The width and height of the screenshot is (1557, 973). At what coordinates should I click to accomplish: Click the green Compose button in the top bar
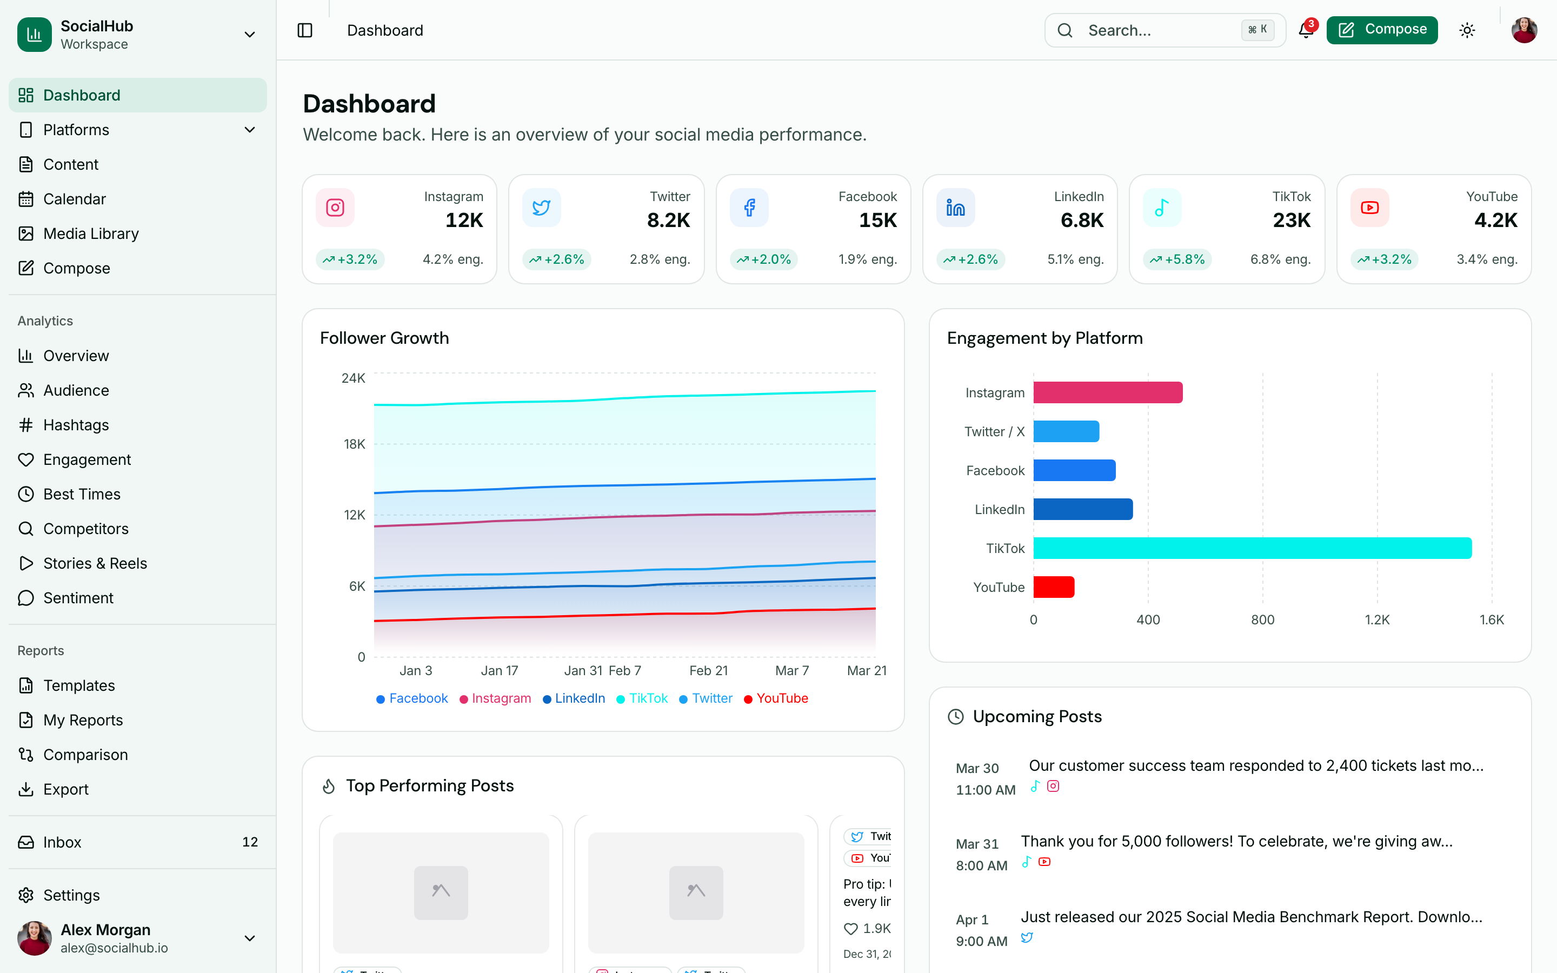pos(1381,30)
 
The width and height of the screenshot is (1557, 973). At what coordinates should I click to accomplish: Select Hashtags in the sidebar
pos(76,425)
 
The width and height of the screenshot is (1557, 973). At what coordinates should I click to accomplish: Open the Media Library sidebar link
pos(91,234)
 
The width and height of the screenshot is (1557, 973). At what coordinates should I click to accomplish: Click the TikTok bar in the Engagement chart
pos(1252,548)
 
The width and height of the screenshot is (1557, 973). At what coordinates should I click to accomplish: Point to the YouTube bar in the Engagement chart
pos(1053,587)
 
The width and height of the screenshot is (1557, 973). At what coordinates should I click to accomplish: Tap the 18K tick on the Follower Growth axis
pos(354,444)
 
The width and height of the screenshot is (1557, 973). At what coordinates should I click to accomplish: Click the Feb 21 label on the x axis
pos(708,670)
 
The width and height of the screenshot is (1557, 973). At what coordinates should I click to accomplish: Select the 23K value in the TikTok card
pos(1290,220)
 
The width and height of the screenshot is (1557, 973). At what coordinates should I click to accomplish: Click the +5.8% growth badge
pos(1177,259)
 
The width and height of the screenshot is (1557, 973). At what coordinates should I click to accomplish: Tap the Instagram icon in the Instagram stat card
pos(335,207)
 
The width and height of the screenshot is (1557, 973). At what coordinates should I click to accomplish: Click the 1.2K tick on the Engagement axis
pos(1377,619)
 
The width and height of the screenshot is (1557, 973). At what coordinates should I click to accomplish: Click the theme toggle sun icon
pos(1467,30)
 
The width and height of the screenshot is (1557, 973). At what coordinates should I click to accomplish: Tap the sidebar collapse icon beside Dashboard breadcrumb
pos(305,30)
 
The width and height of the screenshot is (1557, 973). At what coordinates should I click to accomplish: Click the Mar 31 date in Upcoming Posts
pos(977,844)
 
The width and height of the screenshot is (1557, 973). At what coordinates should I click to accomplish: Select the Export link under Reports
pos(65,789)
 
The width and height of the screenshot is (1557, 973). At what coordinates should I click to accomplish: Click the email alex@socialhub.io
pos(114,948)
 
